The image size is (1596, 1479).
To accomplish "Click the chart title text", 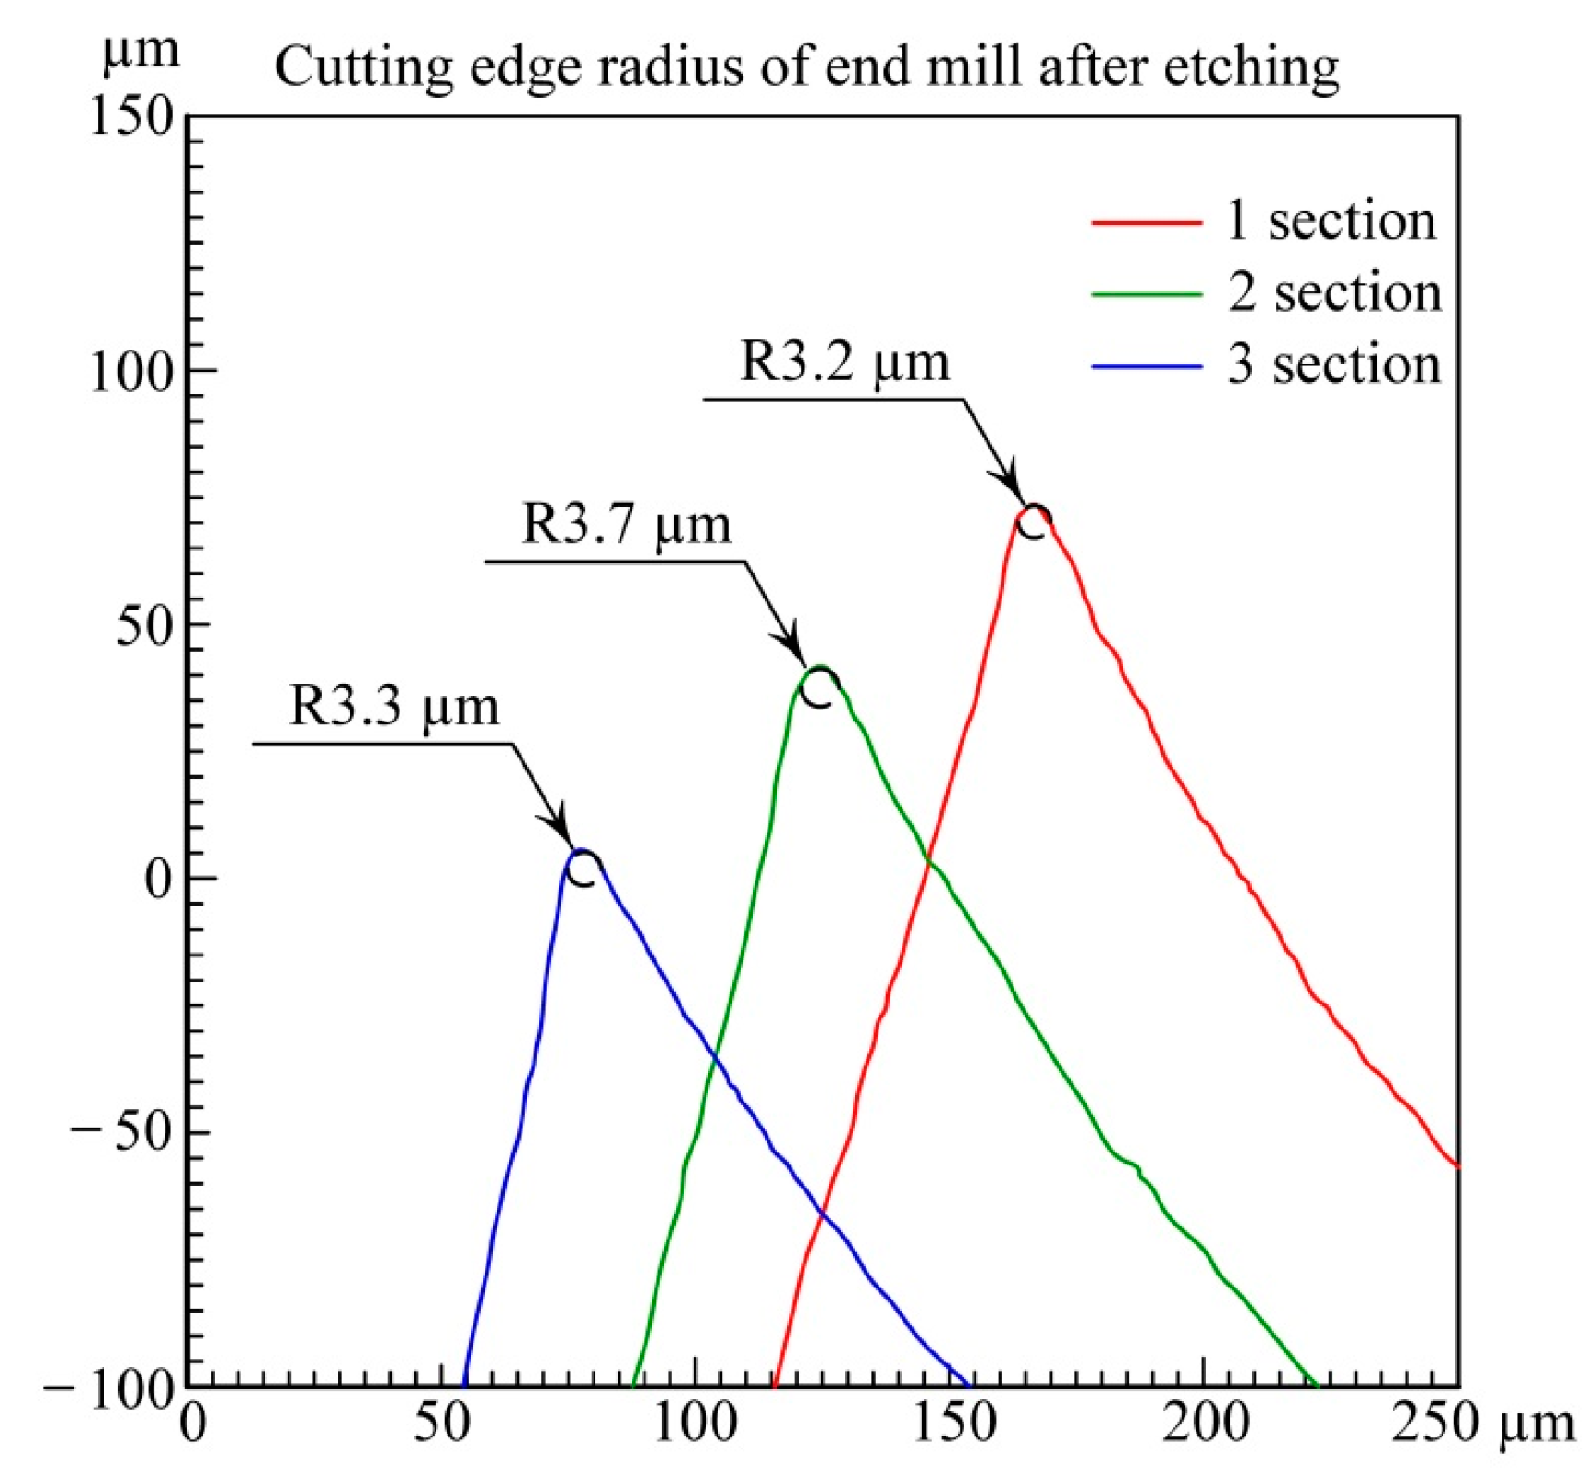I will point(806,67).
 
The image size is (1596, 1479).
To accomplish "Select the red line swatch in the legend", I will point(1146,222).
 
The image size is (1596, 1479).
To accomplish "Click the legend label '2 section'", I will point(1333,293).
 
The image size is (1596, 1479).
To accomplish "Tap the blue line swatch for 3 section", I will point(1146,366).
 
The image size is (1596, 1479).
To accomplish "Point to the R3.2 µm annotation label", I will point(844,362).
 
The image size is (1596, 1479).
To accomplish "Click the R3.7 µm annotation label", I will point(626,524).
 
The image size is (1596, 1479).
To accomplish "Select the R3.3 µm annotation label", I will point(394,706).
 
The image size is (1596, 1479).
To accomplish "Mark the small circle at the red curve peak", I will point(1032,523).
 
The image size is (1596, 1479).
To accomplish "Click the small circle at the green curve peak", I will point(818,687).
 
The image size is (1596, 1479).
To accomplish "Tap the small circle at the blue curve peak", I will point(583,869).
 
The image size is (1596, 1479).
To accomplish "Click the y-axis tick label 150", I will point(131,117).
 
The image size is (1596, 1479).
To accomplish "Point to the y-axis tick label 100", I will point(131,372).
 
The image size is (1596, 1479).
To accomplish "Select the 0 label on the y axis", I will point(158,880).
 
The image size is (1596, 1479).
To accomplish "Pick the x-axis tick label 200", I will point(1205,1423).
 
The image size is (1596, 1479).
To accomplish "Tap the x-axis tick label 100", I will point(695,1423).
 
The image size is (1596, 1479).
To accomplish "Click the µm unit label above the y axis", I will point(141,48).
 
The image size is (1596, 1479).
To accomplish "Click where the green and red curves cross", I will point(927,860).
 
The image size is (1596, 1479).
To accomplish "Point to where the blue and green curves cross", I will point(713,1054).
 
